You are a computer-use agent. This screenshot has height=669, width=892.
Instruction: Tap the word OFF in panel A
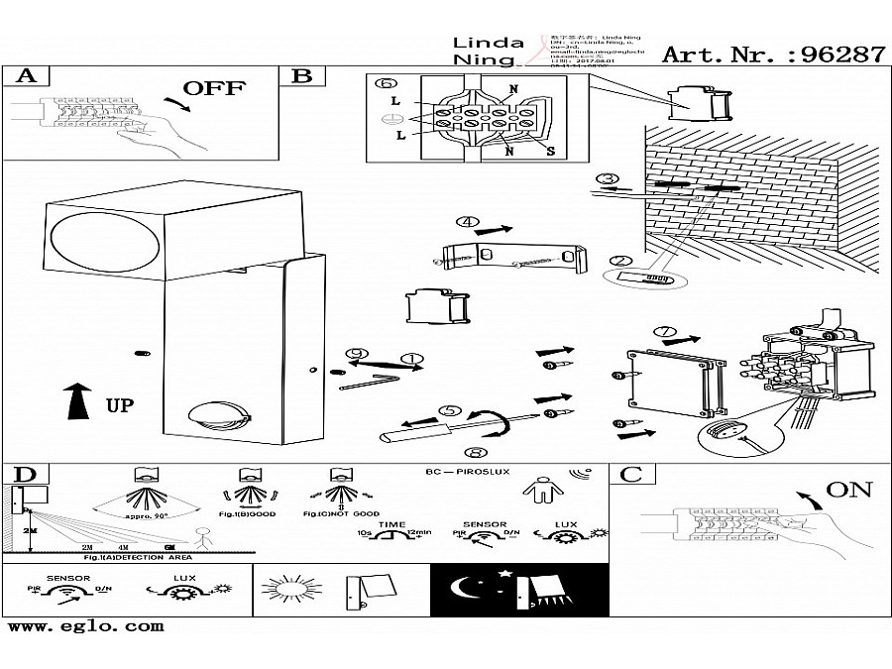click(x=212, y=88)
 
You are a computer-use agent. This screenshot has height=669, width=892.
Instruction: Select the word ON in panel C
click(x=848, y=489)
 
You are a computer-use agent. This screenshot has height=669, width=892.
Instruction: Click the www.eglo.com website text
click(x=85, y=625)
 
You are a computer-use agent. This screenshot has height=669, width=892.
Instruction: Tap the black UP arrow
click(x=77, y=402)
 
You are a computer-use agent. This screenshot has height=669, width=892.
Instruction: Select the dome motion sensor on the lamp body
click(x=212, y=415)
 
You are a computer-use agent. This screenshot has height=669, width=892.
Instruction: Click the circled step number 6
click(x=384, y=84)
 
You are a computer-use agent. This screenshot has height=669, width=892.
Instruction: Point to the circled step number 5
click(x=450, y=409)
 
